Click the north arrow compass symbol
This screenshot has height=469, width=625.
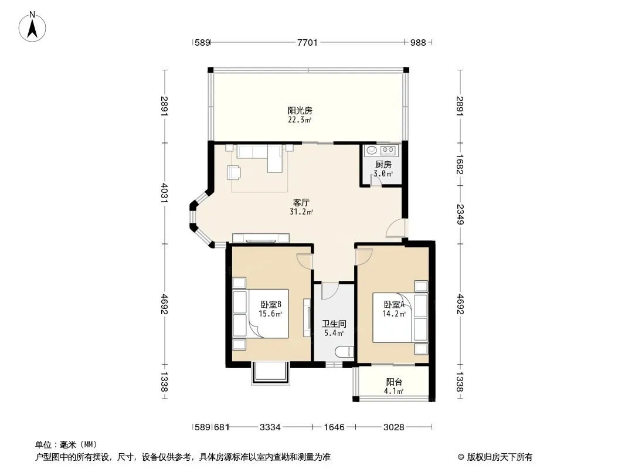coord(32,27)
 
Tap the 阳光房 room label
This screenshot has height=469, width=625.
coord(300,110)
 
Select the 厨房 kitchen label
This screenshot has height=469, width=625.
coord(383,164)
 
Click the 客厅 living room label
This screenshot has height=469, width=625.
coord(301,202)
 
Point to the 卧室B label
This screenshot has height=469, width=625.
coord(271,304)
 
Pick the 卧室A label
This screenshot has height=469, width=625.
coord(394,304)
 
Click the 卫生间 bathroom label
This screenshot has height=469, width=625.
coord(334,324)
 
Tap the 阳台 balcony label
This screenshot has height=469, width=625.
coord(394,382)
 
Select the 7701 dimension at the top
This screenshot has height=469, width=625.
coord(307,42)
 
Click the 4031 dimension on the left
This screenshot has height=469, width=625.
coord(164,193)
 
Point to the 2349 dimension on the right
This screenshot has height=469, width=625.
coord(460,215)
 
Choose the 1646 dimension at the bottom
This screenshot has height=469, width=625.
coord(334,427)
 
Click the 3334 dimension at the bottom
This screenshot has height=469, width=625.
coord(270,427)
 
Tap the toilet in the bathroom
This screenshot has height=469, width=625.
coord(344,352)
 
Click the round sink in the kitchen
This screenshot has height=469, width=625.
coord(372,150)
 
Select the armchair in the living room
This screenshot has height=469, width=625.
coord(234,172)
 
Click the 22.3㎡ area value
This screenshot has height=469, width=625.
coord(300,120)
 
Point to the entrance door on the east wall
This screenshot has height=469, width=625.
coord(395,228)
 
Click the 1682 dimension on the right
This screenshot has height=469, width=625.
coord(460,164)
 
